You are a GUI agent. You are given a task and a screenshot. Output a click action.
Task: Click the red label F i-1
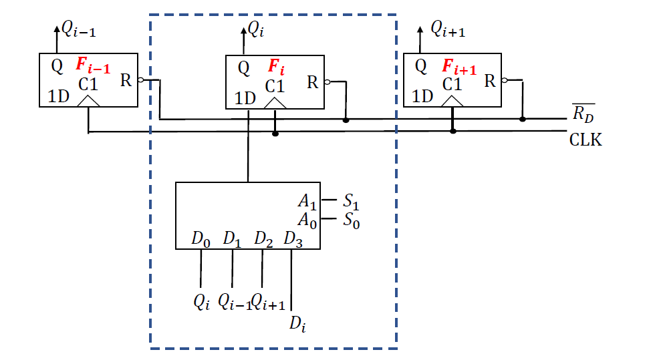(92, 65)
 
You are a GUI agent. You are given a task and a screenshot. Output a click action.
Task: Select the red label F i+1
(459, 67)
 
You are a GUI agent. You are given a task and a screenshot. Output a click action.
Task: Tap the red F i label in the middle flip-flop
(276, 67)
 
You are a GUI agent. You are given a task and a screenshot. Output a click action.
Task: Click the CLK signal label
(586, 140)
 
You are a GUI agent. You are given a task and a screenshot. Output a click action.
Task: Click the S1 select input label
(352, 200)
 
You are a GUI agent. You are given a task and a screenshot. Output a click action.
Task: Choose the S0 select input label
(352, 220)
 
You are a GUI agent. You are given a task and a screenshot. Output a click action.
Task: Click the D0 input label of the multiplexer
(201, 238)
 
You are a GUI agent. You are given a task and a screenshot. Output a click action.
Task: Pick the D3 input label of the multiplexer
(293, 238)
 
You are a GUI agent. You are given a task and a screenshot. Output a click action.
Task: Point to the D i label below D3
(298, 324)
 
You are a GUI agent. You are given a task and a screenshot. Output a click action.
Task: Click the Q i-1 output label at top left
(80, 28)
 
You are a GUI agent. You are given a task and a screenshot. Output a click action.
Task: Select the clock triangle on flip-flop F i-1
(89, 100)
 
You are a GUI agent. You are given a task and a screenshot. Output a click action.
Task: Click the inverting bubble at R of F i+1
(505, 81)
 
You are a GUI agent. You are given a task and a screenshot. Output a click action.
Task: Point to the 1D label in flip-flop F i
(245, 99)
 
